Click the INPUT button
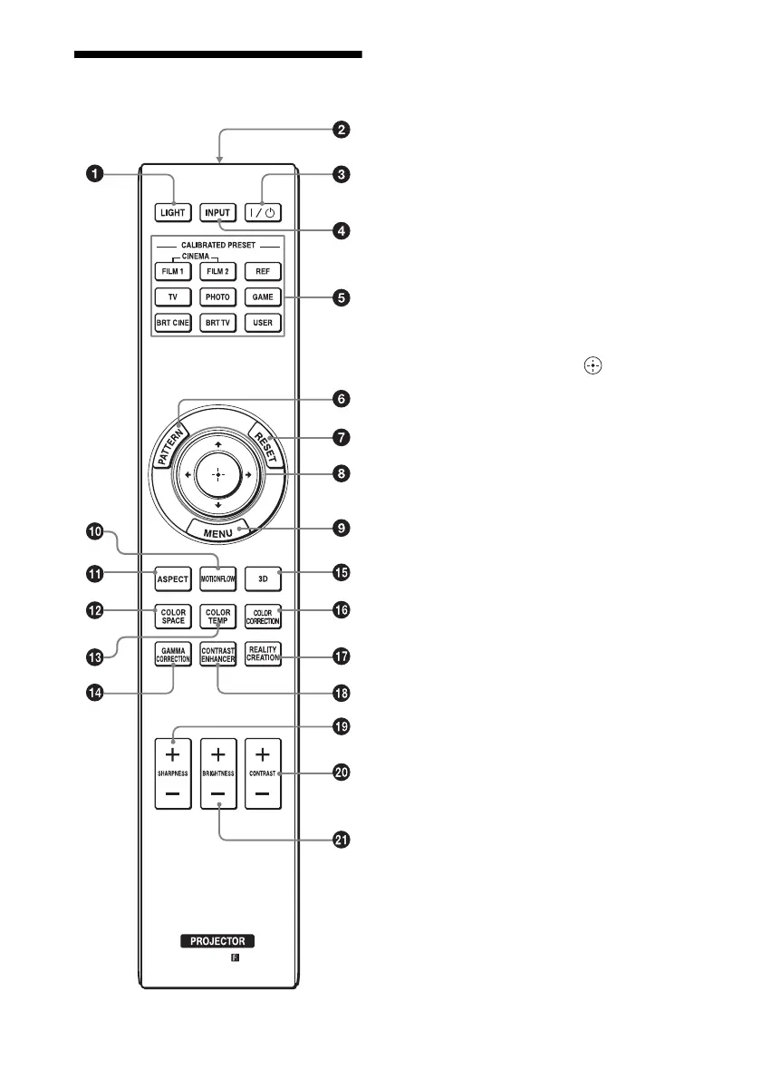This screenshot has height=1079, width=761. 218,213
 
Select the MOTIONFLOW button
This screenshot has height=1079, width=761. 218,578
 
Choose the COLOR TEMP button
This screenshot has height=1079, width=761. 218,617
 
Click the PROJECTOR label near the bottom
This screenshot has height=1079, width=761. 217,941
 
